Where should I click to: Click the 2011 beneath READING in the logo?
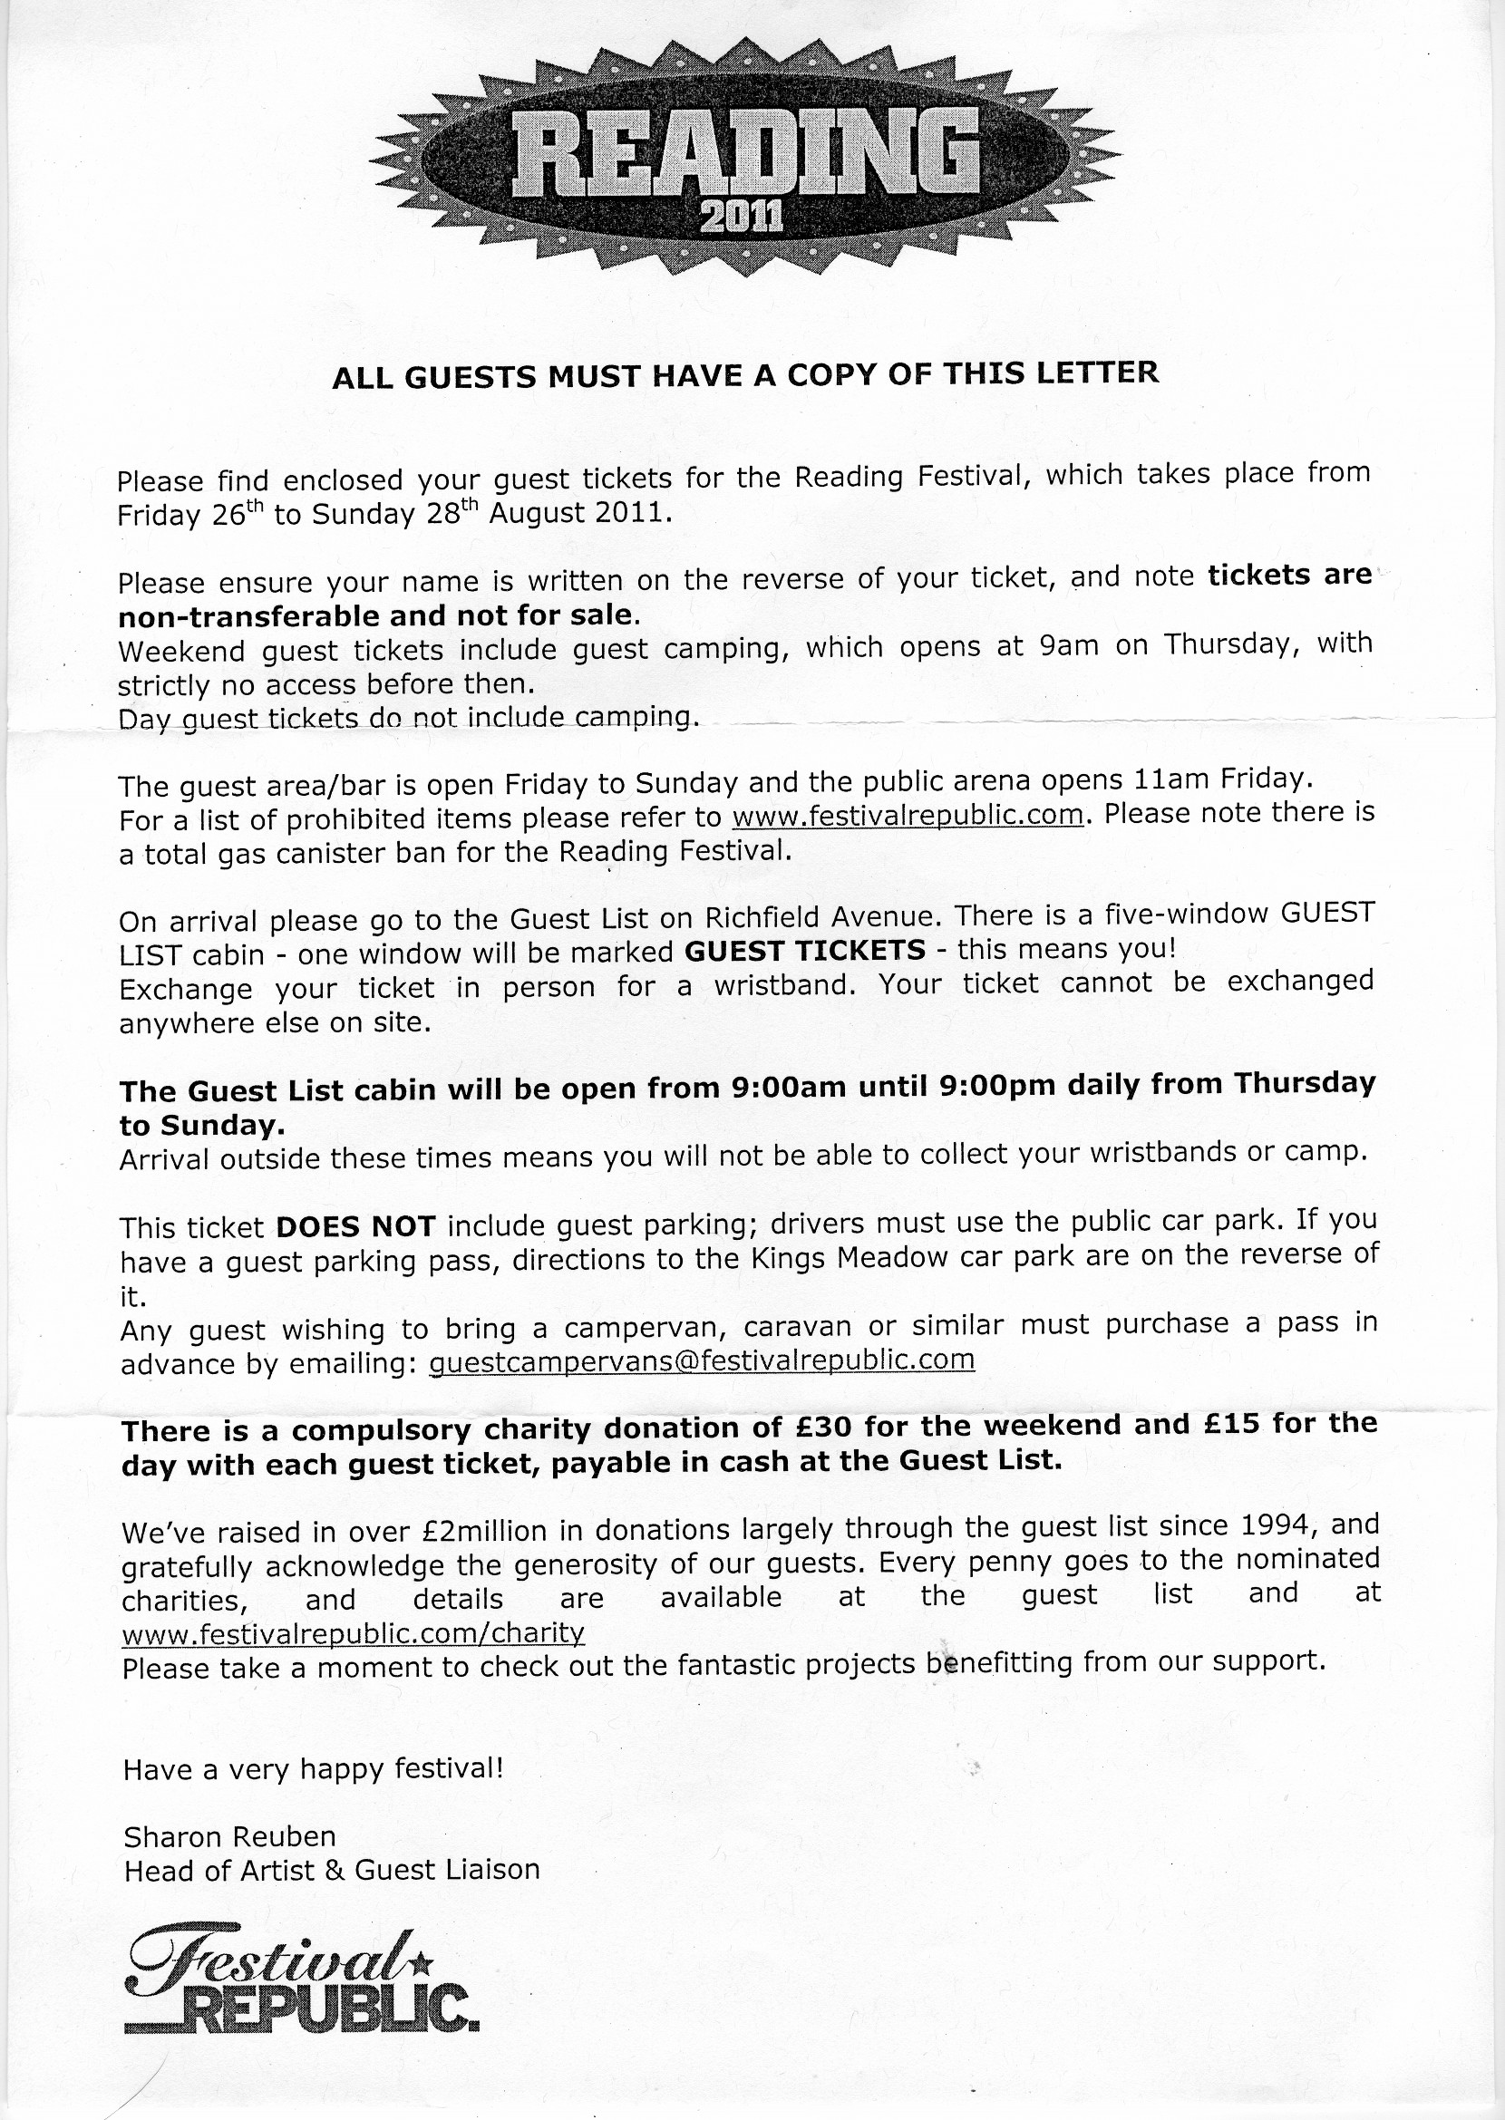743,218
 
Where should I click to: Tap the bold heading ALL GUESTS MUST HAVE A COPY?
745,375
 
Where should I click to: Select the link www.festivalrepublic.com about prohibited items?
908,817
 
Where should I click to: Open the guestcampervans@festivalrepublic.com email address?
704,1361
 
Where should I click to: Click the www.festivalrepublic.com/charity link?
353,1631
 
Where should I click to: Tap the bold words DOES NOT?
356,1227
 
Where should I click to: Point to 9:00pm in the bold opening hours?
995,1085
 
